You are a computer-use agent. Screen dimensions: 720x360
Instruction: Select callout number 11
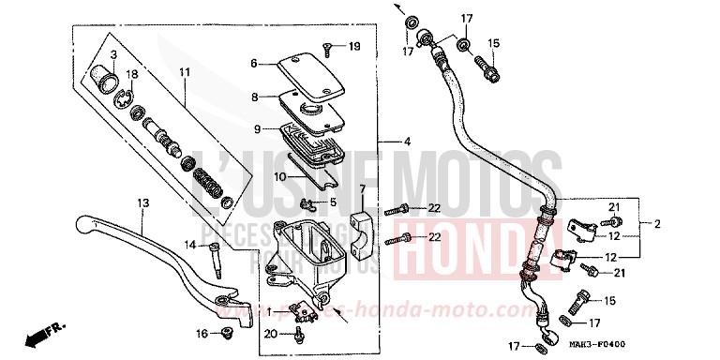pyautogui.click(x=185, y=71)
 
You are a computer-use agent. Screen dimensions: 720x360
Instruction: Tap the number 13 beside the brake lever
pyautogui.click(x=142, y=203)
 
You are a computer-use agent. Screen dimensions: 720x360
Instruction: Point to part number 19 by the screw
pyautogui.click(x=353, y=47)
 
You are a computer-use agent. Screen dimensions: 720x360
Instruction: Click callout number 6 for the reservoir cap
pyautogui.click(x=253, y=64)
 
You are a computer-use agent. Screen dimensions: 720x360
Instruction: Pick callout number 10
pyautogui.click(x=253, y=176)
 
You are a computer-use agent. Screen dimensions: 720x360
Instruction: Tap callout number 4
pyautogui.click(x=407, y=142)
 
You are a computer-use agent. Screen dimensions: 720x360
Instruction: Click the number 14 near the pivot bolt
pyautogui.click(x=188, y=245)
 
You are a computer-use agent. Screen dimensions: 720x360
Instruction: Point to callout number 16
pyautogui.click(x=202, y=333)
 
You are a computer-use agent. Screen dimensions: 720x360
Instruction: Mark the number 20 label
pyautogui.click(x=270, y=333)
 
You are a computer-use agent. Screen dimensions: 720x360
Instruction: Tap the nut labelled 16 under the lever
pyautogui.click(x=226, y=333)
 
